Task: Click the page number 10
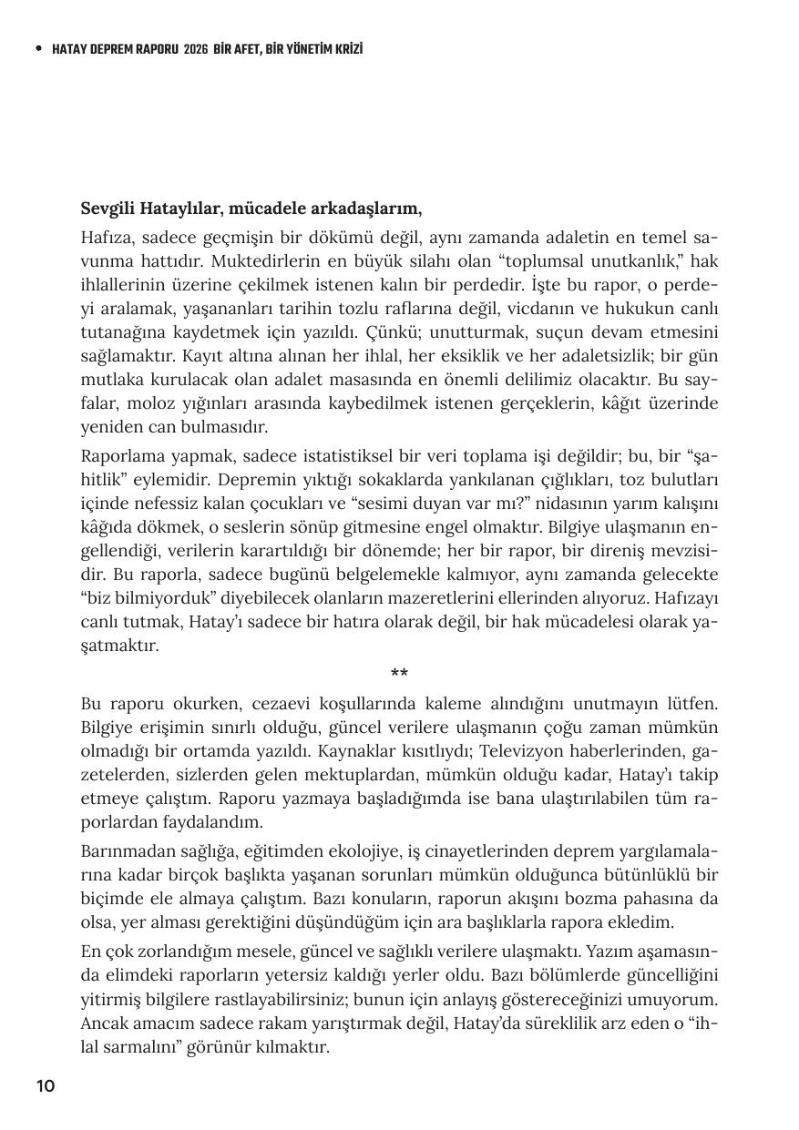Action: tap(46, 1085)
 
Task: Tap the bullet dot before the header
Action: tap(37, 49)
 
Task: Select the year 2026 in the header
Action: tap(195, 49)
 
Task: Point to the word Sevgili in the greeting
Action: tap(108, 209)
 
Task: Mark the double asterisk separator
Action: tap(399, 675)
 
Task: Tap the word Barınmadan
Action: tap(122, 851)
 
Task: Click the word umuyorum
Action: tap(673, 999)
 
